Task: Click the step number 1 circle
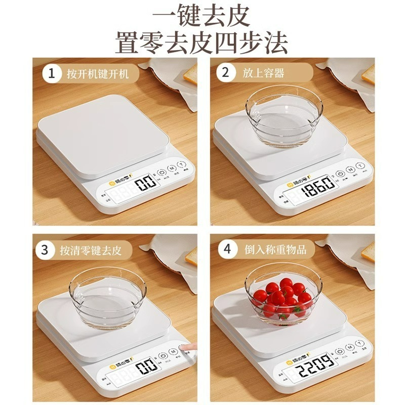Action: tap(50, 74)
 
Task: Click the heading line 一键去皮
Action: tap(202, 16)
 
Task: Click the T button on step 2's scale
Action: tap(359, 167)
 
